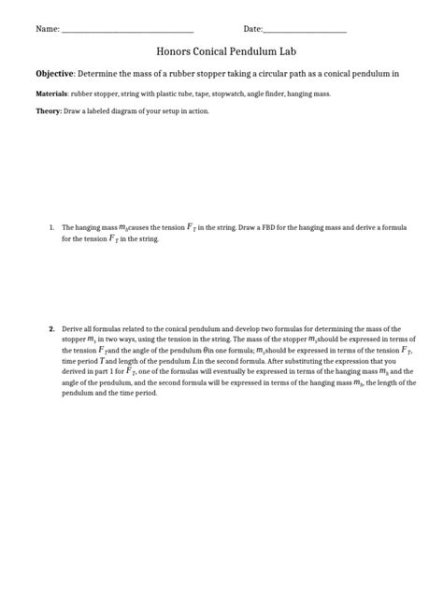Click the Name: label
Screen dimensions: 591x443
48,30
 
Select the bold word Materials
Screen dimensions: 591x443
51,94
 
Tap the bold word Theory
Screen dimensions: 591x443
48,111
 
